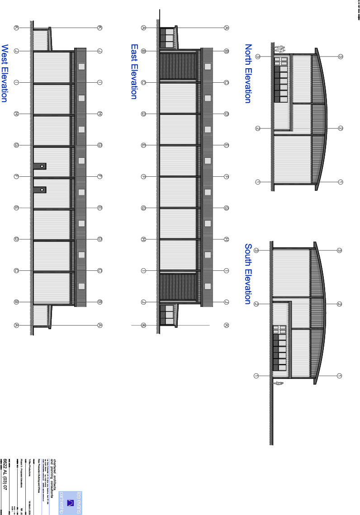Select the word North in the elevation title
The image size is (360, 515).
click(248, 54)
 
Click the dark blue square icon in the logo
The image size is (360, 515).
click(70, 502)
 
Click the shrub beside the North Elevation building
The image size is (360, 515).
click(279, 47)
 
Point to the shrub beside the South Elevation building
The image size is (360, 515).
click(279, 383)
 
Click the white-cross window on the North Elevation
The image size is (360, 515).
click(280, 61)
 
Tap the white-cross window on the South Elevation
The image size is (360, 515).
click(280, 330)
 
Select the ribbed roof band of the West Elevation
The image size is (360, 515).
click(81, 176)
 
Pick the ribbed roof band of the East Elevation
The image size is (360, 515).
click(207, 176)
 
